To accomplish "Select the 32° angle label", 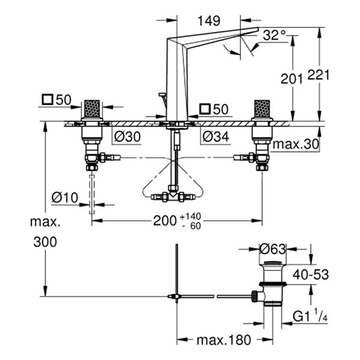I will coord(274,36).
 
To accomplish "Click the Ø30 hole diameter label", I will coord(127,137).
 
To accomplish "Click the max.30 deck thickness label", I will coord(295,145).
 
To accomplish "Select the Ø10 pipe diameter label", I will coord(65,196).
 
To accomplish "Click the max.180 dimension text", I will coord(223,340).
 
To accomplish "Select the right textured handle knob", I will coord(262,109).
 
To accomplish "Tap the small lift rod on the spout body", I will coord(162,98).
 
